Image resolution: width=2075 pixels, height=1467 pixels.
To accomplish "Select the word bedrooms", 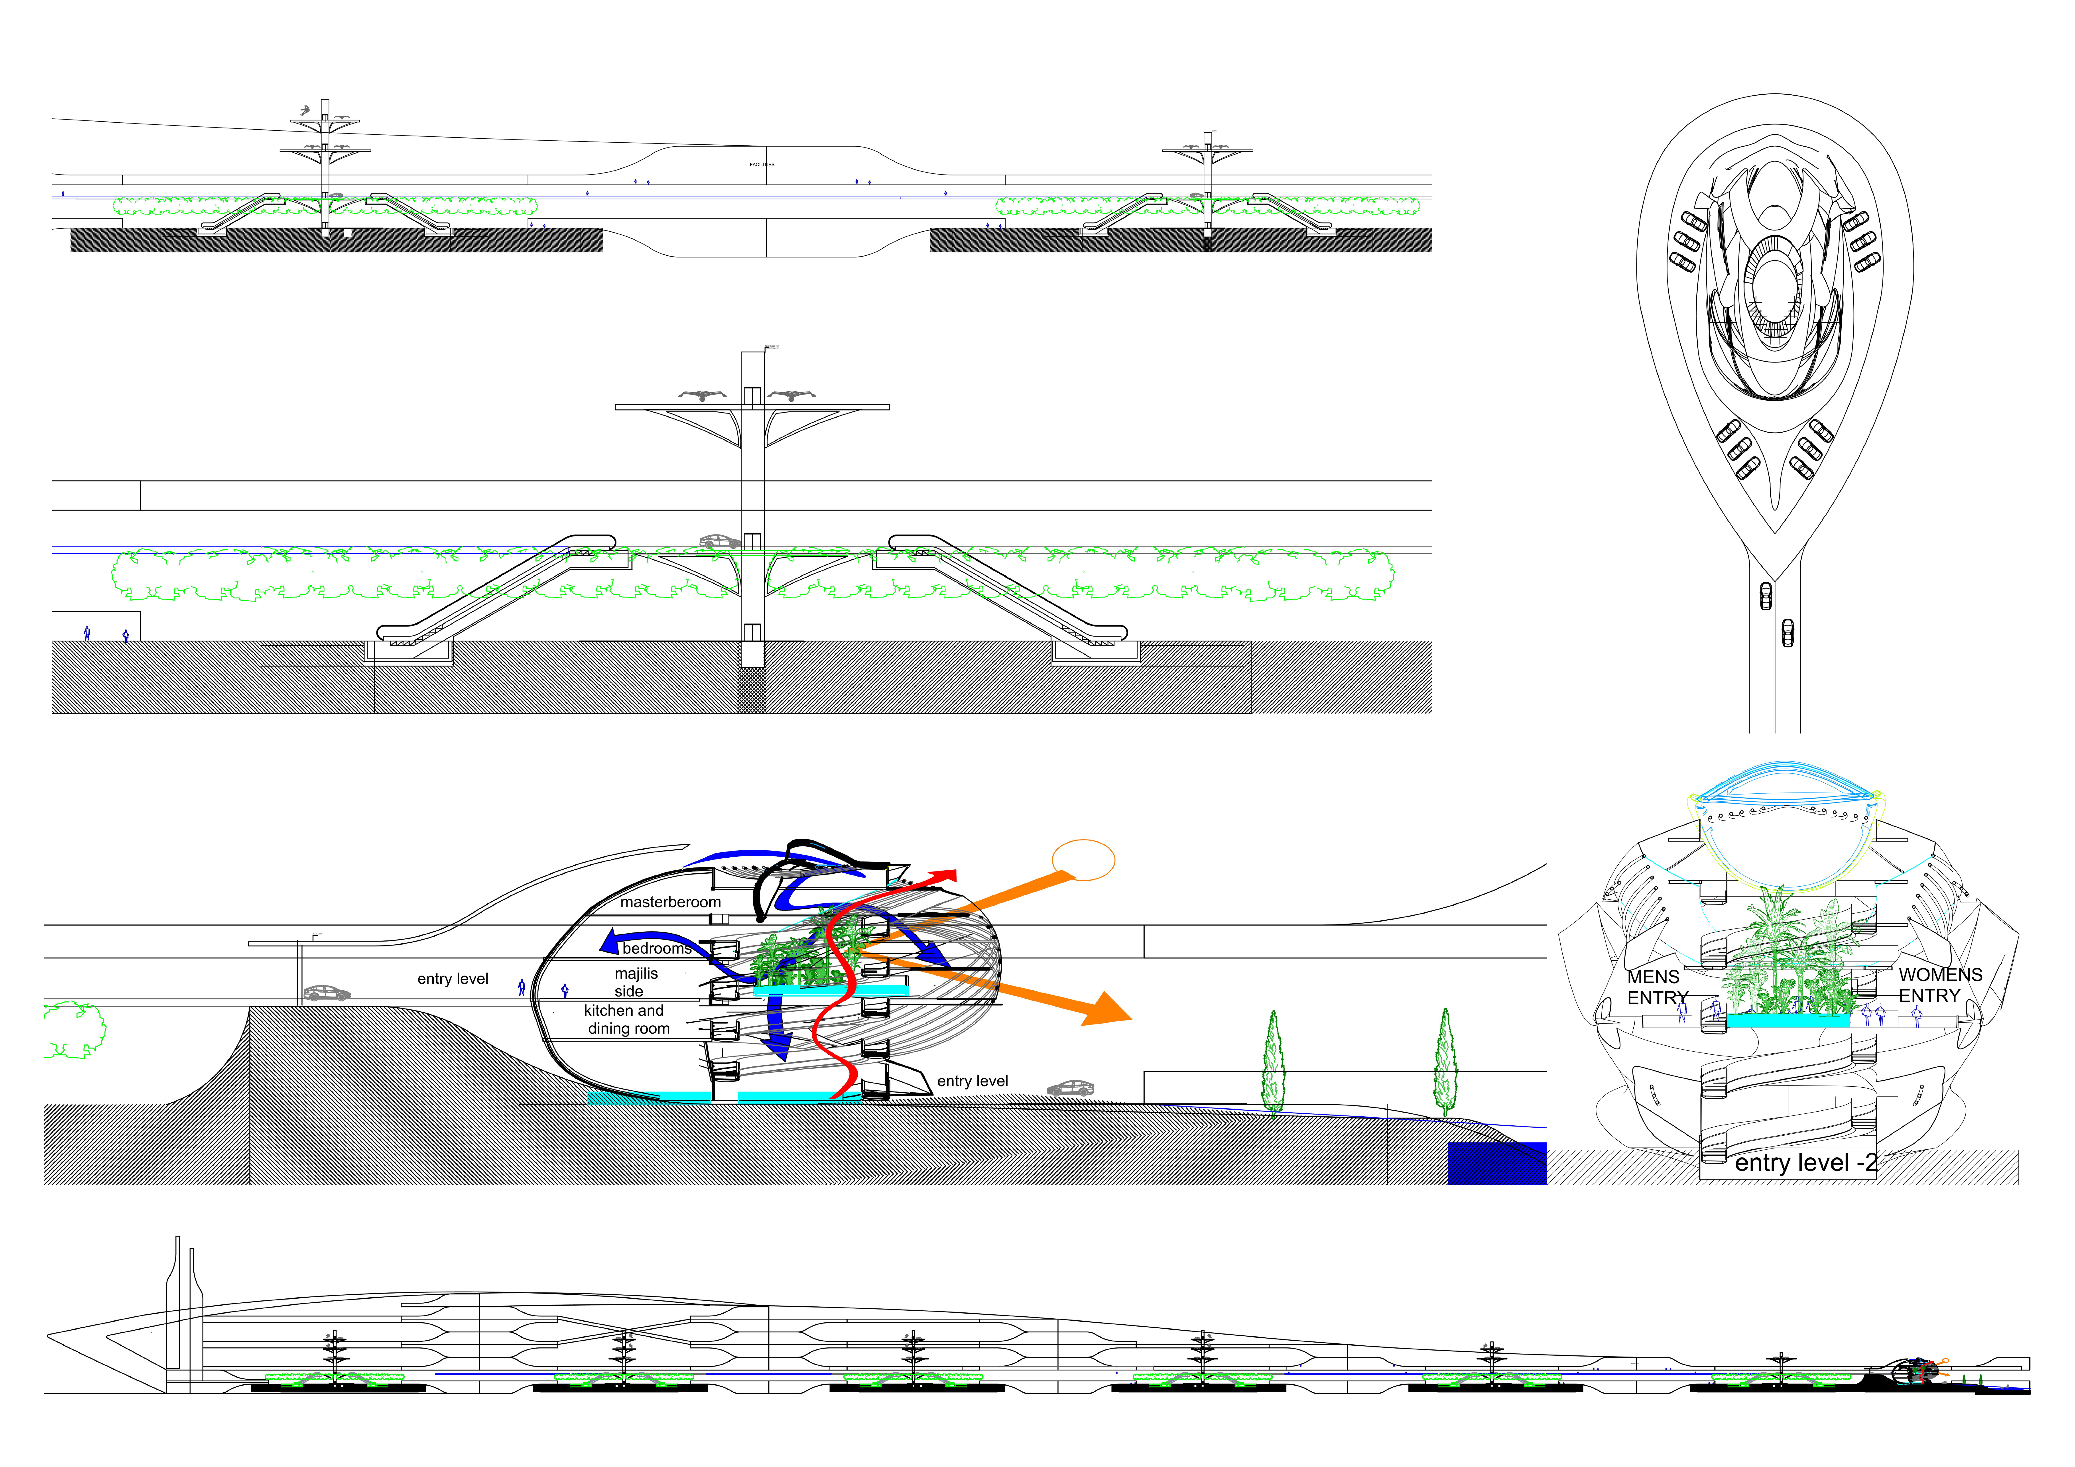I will tap(657, 948).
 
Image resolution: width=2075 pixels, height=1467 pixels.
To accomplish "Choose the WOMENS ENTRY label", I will tap(1939, 984).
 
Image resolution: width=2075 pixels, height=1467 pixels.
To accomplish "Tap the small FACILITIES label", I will tap(762, 165).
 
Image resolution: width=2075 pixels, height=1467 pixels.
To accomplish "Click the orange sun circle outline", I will tap(1084, 859).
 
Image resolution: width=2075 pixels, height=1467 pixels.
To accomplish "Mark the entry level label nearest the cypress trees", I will tap(973, 1081).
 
